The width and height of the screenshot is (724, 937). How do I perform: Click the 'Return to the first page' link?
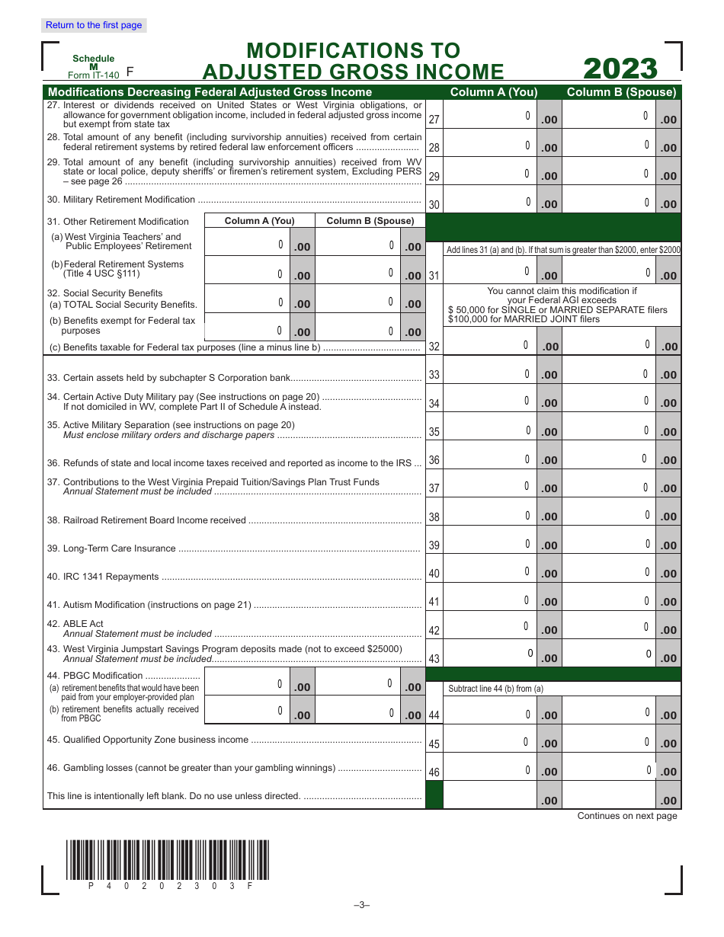94,25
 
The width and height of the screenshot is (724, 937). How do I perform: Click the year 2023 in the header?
620,69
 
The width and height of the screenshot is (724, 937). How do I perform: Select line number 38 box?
434,517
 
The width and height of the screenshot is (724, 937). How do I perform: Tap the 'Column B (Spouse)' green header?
621,92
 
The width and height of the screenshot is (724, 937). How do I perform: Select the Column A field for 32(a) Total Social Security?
248,302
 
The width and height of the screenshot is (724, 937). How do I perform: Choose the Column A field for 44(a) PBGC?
248,685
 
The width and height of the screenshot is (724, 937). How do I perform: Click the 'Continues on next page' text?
626,816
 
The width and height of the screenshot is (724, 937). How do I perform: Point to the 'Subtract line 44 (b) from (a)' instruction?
495,689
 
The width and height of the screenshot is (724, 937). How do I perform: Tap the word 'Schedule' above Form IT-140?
93,59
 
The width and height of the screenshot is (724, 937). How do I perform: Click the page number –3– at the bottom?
361,905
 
